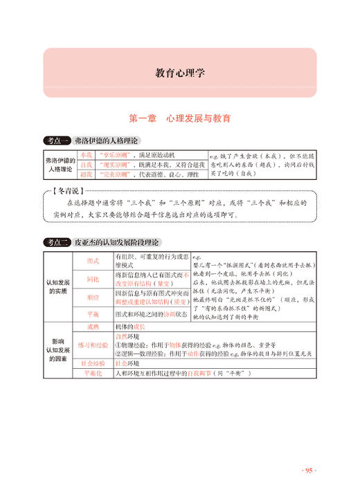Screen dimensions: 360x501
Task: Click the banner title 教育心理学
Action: pos(179,73)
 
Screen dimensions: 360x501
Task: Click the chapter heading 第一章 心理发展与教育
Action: pos(179,118)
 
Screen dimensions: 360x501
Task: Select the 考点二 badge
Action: pos(56,243)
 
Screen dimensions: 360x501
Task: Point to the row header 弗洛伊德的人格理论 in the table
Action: pos(59,165)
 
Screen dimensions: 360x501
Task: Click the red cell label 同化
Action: pos(93,279)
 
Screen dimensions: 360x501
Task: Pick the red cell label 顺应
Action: pos(93,297)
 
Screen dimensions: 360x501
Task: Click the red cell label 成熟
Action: pos(93,326)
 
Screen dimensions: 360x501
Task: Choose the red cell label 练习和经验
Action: pos(93,344)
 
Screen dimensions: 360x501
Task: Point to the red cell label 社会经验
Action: pos(93,362)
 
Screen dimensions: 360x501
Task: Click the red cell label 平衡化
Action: pos(93,374)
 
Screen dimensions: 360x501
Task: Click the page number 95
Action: pos(308,470)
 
